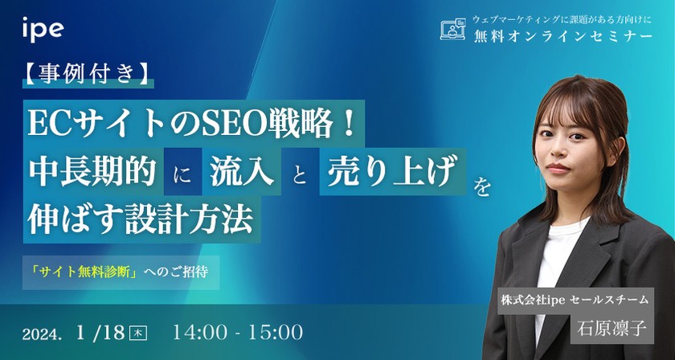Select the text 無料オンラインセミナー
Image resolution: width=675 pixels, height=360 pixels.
562,37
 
